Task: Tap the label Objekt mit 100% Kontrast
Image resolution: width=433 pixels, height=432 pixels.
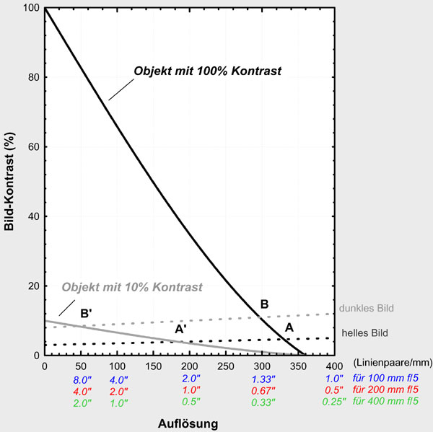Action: click(x=207, y=71)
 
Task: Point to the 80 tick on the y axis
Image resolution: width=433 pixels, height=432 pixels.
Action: click(x=32, y=78)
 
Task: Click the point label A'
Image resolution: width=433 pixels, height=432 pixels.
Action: click(x=181, y=329)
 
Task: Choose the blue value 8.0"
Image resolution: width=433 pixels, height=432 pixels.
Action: click(x=82, y=379)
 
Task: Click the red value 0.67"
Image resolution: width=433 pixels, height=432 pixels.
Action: click(x=263, y=391)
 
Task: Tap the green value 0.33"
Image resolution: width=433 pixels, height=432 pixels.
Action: click(x=263, y=402)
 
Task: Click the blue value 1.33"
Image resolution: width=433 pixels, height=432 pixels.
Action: click(x=263, y=379)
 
